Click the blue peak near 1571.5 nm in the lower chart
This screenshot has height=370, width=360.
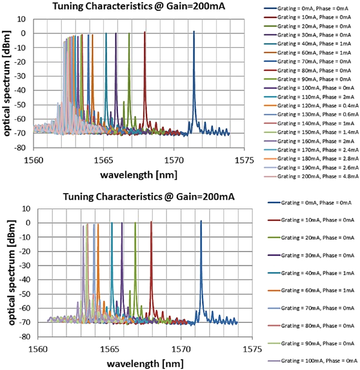(x=201, y=221)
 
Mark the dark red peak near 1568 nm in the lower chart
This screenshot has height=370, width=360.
(x=151, y=223)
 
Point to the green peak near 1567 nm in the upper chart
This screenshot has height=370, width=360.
(x=129, y=34)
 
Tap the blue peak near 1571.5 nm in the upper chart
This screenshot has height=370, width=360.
(x=194, y=32)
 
